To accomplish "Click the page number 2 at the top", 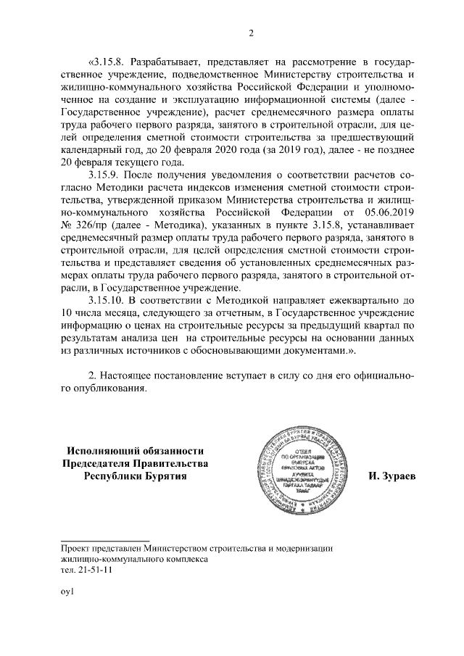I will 251,33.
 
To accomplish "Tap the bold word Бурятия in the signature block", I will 165,477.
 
